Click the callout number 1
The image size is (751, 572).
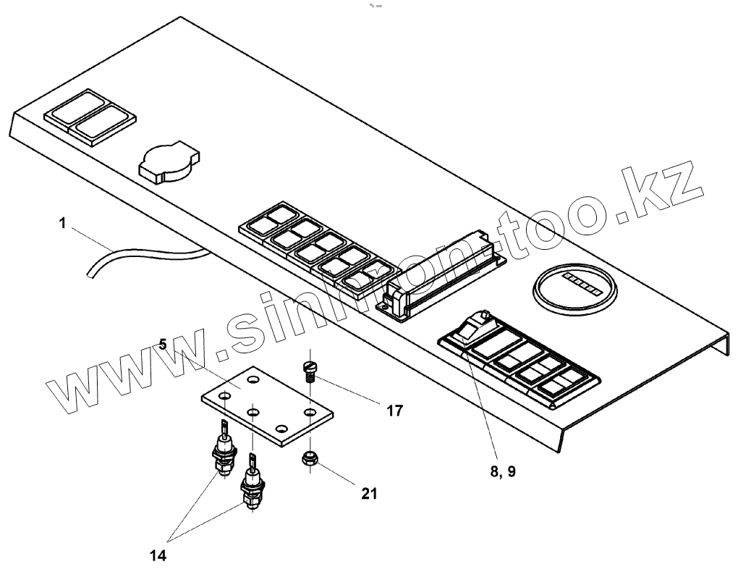pyautogui.click(x=63, y=224)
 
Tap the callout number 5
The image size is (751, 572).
pyautogui.click(x=163, y=344)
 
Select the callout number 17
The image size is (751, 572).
pyautogui.click(x=394, y=411)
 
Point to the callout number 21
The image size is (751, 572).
pyautogui.click(x=368, y=494)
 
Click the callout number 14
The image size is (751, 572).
pyautogui.click(x=158, y=556)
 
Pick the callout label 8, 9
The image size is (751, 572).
pyautogui.click(x=502, y=471)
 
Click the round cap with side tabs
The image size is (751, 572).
pyautogui.click(x=169, y=161)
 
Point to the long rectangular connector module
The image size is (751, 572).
pyautogui.click(x=442, y=272)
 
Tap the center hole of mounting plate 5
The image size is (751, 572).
pyautogui.click(x=254, y=412)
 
